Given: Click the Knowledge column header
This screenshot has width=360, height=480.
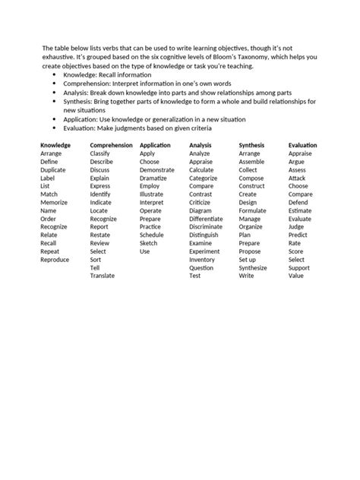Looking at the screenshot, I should (x=55, y=144).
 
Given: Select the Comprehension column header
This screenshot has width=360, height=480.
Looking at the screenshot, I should (x=111, y=144).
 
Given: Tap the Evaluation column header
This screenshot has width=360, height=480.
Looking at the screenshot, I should (x=303, y=144).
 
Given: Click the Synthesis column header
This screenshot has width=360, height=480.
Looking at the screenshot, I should (x=252, y=144).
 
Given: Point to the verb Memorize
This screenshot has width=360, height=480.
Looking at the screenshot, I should (x=54, y=203).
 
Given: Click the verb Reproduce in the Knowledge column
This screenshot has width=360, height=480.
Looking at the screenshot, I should (x=55, y=260).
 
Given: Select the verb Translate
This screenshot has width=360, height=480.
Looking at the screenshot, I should (x=103, y=276).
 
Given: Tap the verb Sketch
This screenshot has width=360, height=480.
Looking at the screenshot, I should (x=150, y=243).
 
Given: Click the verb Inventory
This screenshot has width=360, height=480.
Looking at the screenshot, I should (x=202, y=260).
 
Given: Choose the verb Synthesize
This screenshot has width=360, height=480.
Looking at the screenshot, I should (x=253, y=268).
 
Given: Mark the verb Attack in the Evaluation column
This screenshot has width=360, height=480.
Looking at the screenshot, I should (x=297, y=178).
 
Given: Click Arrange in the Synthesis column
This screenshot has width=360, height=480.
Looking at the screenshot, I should (x=249, y=153).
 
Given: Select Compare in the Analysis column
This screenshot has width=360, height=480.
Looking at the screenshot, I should (x=201, y=186).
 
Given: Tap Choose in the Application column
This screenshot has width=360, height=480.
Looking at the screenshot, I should (x=150, y=162).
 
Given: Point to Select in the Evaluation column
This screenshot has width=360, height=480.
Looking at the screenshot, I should (x=296, y=260).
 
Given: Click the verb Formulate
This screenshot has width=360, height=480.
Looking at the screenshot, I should (x=253, y=210).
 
